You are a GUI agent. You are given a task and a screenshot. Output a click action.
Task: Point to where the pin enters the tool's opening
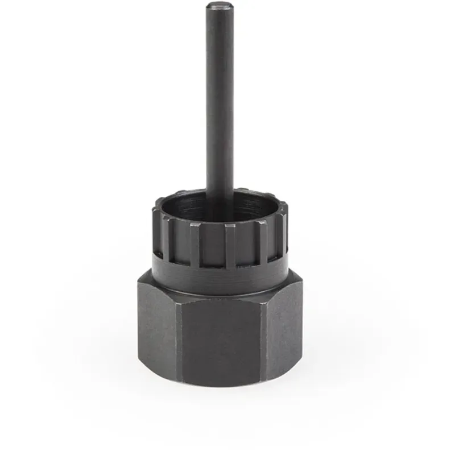click(x=220, y=200)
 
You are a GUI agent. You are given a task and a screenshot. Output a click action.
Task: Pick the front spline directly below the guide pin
click(x=229, y=245)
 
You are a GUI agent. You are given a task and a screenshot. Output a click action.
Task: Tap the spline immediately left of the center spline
click(x=195, y=243)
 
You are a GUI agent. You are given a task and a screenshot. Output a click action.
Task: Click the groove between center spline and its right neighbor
click(x=246, y=245)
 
